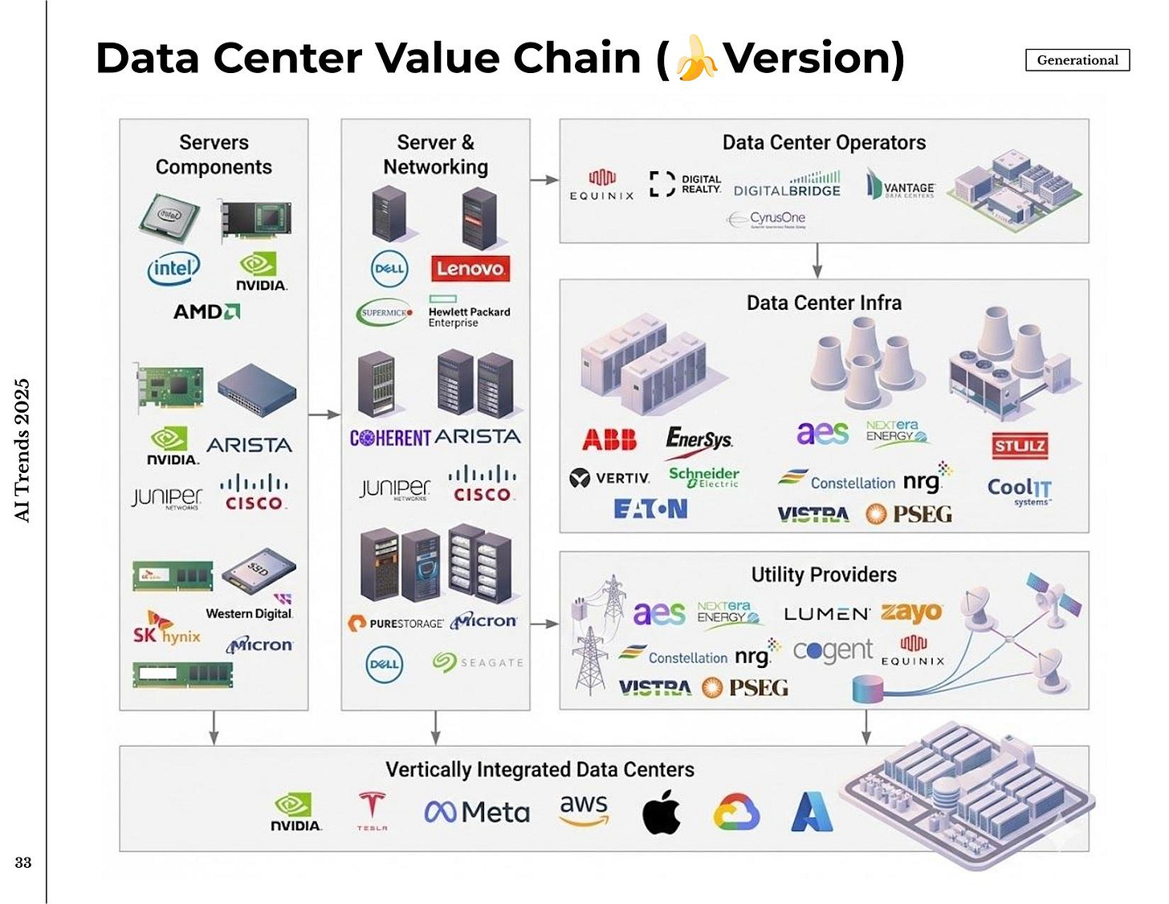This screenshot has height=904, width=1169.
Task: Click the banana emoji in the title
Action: [696, 58]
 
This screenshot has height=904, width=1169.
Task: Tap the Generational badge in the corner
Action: [1077, 60]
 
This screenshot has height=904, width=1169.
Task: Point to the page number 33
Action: [23, 862]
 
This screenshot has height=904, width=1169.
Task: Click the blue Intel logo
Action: [173, 268]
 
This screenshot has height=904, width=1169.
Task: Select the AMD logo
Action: [206, 312]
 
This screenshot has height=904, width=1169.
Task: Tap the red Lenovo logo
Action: [470, 268]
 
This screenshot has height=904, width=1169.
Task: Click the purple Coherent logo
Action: [390, 438]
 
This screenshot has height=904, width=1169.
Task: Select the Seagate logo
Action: [478, 662]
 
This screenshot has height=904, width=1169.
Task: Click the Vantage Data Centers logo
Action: [901, 185]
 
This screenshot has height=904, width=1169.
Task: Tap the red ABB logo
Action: [609, 439]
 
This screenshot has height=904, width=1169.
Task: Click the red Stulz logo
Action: [1020, 446]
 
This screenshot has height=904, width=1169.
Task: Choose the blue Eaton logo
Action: [650, 509]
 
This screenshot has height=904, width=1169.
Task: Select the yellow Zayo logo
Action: [911, 613]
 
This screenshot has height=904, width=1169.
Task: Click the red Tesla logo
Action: [372, 809]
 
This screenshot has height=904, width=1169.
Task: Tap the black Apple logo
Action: [662, 811]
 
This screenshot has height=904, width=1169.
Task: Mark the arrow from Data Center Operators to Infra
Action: [817, 260]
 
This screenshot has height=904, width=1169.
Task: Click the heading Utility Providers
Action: [824, 575]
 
